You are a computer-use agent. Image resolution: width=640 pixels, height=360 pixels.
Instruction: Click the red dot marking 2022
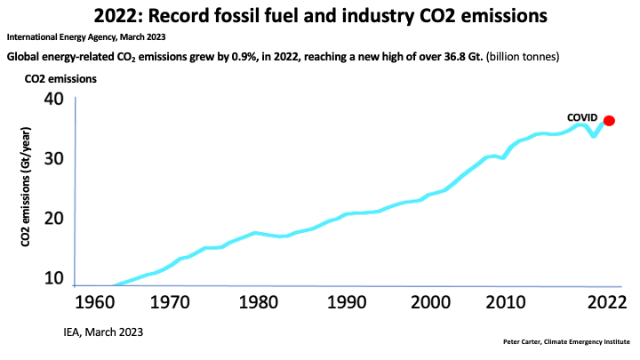pos(609,121)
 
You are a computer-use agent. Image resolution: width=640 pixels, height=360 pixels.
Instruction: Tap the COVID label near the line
pos(584,117)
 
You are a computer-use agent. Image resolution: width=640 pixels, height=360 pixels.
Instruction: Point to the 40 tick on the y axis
pos(53,99)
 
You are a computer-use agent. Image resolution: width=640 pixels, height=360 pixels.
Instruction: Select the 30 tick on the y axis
pos(53,159)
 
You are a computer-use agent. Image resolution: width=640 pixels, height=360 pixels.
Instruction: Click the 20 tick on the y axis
pos(53,220)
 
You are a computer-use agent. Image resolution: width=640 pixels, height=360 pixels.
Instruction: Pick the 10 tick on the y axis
pos(53,279)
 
